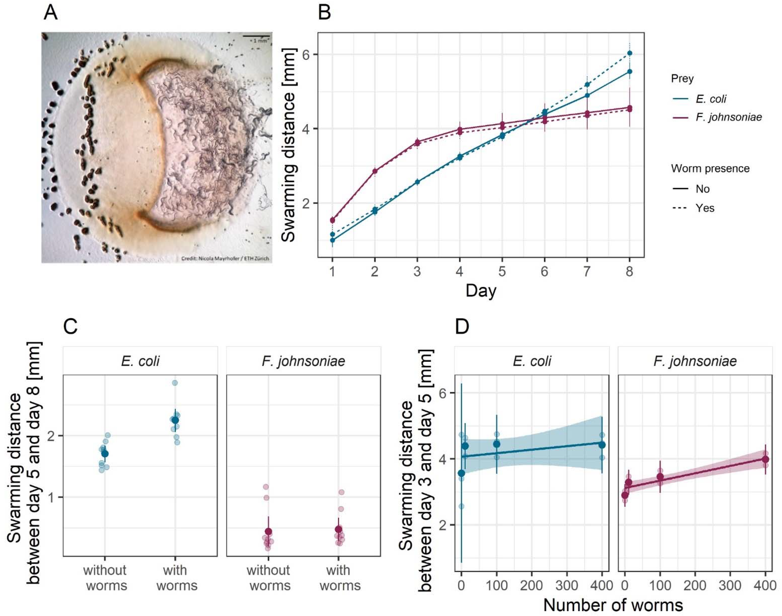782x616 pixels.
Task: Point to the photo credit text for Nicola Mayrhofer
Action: (x=225, y=258)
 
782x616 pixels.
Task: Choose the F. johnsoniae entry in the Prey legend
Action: (x=728, y=117)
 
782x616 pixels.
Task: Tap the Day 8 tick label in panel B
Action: (x=629, y=271)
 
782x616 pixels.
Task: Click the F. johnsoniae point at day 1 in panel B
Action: (x=332, y=220)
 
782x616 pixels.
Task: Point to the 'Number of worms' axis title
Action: (x=613, y=606)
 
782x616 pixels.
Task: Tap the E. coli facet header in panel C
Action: (x=140, y=361)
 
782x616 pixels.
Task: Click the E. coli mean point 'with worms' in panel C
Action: (x=175, y=420)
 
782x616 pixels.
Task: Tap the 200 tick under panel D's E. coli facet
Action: (x=532, y=585)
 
